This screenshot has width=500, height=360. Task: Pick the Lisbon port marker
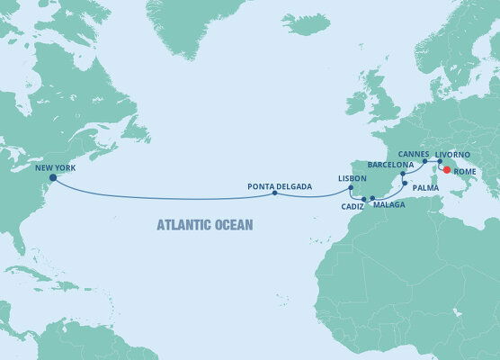pyautogui.click(x=351, y=187)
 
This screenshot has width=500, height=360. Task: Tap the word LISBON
pyautogui.click(x=352, y=178)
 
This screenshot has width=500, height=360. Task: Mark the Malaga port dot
pyautogui.click(x=372, y=197)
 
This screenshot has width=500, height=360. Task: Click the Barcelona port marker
pyautogui.click(x=404, y=173)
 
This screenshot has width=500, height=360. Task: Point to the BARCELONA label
pyautogui.click(x=390, y=166)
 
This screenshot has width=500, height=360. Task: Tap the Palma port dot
pyautogui.click(x=406, y=184)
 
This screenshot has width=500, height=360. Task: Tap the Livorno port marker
pyautogui.click(x=440, y=162)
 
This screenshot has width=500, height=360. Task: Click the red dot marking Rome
pyautogui.click(x=447, y=167)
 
